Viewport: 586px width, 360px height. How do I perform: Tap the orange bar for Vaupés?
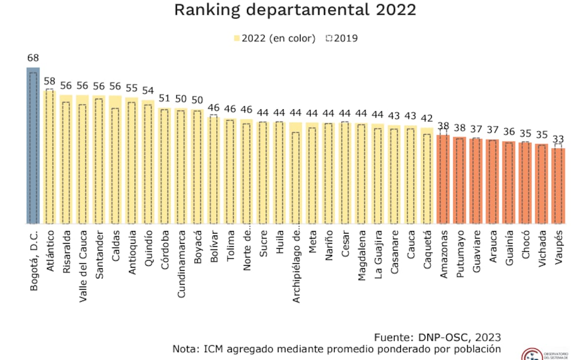pyautogui.click(x=558, y=186)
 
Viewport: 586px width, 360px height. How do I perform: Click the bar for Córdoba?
pyautogui.click(x=165, y=166)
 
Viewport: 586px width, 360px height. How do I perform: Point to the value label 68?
pyautogui.click(x=33, y=58)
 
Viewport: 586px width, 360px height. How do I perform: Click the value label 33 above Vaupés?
pyautogui.click(x=558, y=139)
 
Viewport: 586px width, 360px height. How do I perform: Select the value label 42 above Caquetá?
pyautogui.click(x=427, y=118)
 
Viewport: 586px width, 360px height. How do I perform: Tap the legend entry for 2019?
pyautogui.click(x=342, y=38)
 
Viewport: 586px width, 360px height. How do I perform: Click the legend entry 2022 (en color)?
pyautogui.click(x=275, y=38)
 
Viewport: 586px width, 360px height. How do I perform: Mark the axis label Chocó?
pyautogui.click(x=525, y=247)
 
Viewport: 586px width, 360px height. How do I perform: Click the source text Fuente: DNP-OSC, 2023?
pyautogui.click(x=438, y=338)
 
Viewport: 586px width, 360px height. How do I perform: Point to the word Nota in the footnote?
pyautogui.click(x=184, y=349)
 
